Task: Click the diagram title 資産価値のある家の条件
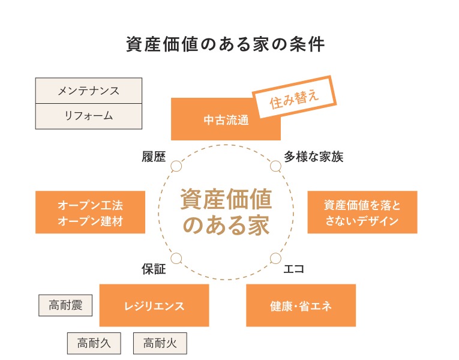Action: [x=226, y=44]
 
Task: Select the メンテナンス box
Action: [x=89, y=91]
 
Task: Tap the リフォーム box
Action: [x=89, y=116]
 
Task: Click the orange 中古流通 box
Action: [x=226, y=119]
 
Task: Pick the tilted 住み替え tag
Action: [x=294, y=97]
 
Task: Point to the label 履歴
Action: [x=154, y=157]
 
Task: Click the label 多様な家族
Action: [x=314, y=157]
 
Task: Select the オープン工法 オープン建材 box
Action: [x=90, y=212]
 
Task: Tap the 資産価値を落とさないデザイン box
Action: [x=362, y=212]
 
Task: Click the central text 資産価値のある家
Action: [x=226, y=212]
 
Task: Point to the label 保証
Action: [x=154, y=269]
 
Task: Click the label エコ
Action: [x=294, y=269]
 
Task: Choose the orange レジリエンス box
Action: [x=154, y=305]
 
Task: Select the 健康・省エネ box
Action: [x=301, y=305]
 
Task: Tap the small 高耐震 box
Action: [x=65, y=305]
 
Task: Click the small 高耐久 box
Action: [x=94, y=343]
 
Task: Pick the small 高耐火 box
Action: [x=160, y=343]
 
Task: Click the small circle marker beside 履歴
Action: [x=176, y=166]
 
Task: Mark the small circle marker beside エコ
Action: [x=275, y=259]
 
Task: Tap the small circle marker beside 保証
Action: [x=176, y=259]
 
